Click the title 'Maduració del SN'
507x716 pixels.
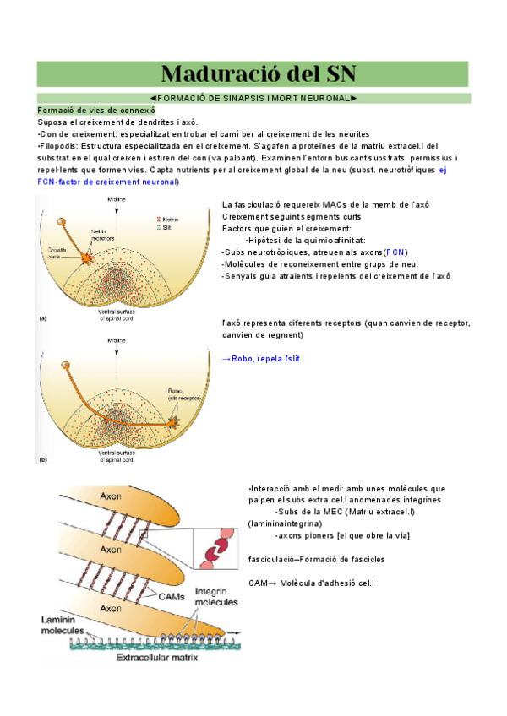click(x=253, y=73)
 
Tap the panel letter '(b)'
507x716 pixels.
click(x=42, y=460)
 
